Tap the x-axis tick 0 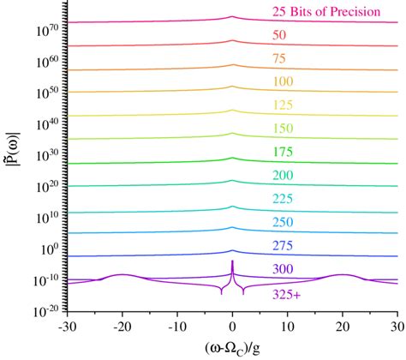[x=232, y=327]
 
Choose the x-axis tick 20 [x=343, y=327]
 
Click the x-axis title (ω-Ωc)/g [x=231, y=348]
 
